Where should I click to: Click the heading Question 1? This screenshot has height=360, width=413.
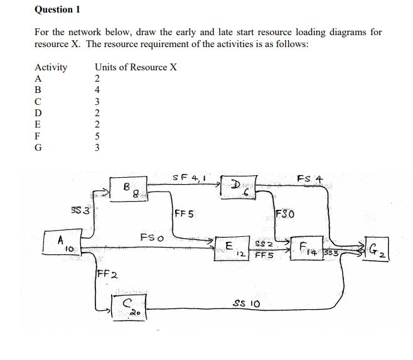[x=58, y=10]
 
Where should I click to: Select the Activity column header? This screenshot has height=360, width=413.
[x=51, y=67]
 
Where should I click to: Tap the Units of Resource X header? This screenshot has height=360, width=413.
[x=136, y=67]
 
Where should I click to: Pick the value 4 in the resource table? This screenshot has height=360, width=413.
[x=97, y=90]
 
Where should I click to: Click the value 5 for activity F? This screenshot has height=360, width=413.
[x=97, y=135]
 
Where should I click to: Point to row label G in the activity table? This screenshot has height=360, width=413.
[x=39, y=146]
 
